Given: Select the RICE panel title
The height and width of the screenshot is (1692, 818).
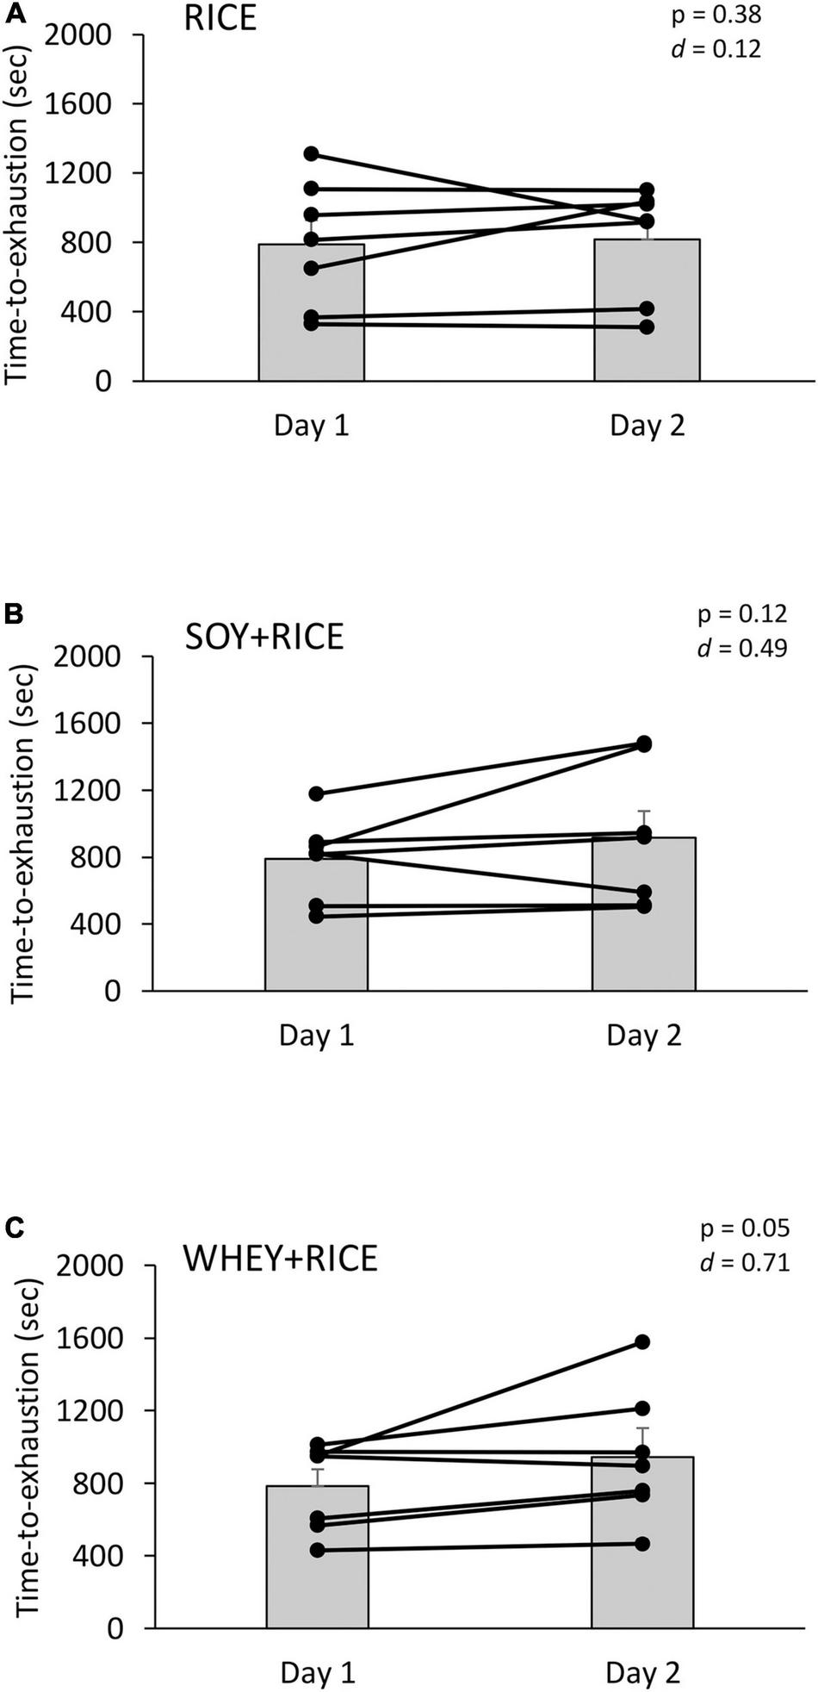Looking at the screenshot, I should pyautogui.click(x=220, y=19).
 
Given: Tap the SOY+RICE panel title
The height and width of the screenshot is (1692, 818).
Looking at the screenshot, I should pyautogui.click(x=264, y=637).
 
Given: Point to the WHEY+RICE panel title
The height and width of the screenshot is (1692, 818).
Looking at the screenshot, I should pyautogui.click(x=280, y=1259).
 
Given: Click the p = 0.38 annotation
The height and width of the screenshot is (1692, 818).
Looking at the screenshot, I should pyautogui.click(x=716, y=16).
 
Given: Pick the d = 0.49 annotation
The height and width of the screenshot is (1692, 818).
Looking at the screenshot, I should pyautogui.click(x=742, y=647).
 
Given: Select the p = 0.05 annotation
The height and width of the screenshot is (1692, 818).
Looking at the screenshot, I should pyautogui.click(x=745, y=1229).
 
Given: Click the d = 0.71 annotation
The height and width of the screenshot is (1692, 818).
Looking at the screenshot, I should pyautogui.click(x=744, y=1264).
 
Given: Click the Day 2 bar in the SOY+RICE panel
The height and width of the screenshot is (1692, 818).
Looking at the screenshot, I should pyautogui.click(x=643, y=914).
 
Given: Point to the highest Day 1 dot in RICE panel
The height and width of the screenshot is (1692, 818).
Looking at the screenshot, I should pyautogui.click(x=311, y=154).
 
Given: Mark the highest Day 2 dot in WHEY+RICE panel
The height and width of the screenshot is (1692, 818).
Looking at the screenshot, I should pyautogui.click(x=642, y=1342).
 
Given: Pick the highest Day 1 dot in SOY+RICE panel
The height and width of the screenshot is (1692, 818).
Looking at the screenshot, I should pyautogui.click(x=316, y=793).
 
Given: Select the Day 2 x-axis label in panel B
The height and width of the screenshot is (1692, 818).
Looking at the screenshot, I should pyautogui.click(x=644, y=1035).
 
